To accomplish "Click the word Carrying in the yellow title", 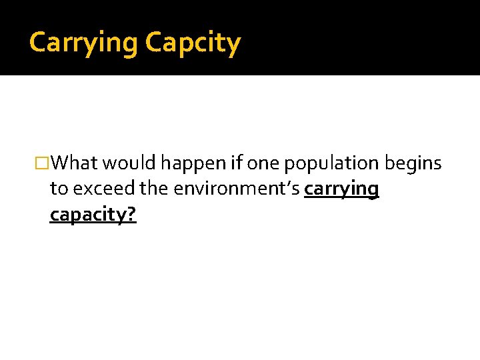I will [x=83, y=43].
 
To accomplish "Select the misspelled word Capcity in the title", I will [x=193, y=43].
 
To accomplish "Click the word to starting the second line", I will [x=59, y=189].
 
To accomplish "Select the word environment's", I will [x=237, y=189].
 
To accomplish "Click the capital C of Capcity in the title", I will [x=153, y=43].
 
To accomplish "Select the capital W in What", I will [x=61, y=163].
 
